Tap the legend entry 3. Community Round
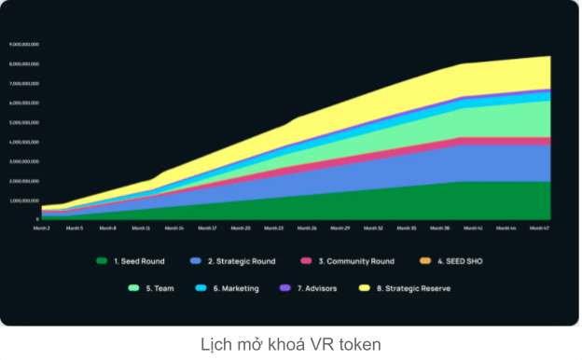pyautogui.click(x=347, y=261)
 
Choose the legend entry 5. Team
pyautogui.click(x=155, y=288)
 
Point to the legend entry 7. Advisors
pyautogui.click(x=314, y=288)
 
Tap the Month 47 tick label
pyautogui.click(x=539, y=228)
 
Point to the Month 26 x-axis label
pyautogui.click(x=307, y=228)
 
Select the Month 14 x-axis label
pyautogui.click(x=174, y=228)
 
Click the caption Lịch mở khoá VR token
pyautogui.click(x=290, y=344)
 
